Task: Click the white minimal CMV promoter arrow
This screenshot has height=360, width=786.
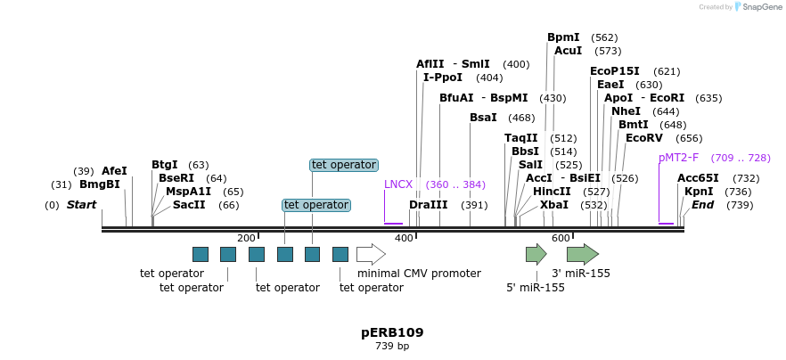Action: click(370, 254)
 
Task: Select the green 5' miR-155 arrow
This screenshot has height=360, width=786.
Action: click(536, 254)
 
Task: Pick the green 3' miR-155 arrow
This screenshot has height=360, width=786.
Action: click(582, 254)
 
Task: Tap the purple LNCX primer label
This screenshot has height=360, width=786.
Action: click(398, 184)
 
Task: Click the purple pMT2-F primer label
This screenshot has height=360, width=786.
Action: click(678, 158)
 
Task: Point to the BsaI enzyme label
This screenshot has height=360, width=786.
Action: click(483, 118)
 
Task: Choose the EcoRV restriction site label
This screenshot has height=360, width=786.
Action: click(643, 138)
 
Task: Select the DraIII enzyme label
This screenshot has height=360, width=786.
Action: click(429, 205)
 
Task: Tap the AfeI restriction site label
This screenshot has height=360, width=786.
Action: click(114, 171)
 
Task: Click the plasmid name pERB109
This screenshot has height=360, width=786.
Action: click(392, 332)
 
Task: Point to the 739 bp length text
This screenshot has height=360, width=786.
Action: click(392, 346)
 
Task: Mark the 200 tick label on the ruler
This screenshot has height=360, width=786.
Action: click(246, 238)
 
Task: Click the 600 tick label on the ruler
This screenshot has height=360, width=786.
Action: click(561, 238)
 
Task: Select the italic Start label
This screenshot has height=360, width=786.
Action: click(81, 205)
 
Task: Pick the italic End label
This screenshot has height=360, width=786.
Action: click(702, 205)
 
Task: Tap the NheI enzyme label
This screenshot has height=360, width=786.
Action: click(626, 111)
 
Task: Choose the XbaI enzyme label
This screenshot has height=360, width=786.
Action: click(553, 205)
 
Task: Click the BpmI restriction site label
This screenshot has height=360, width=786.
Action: click(563, 37)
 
